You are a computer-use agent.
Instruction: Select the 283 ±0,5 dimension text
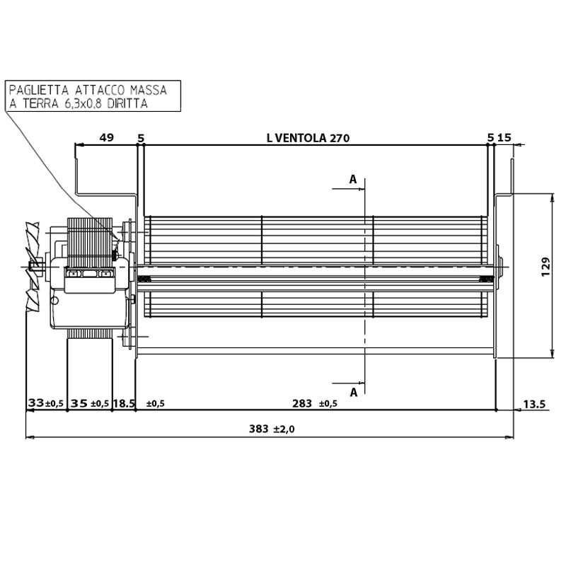tap(314, 404)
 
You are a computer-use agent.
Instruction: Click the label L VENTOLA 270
tap(308, 138)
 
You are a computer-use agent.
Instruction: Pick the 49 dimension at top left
tap(106, 138)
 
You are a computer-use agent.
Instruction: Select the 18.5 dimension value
tap(124, 404)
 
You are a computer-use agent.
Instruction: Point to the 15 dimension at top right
tap(504, 138)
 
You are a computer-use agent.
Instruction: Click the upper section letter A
tap(352, 180)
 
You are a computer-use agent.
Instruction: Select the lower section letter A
tap(352, 391)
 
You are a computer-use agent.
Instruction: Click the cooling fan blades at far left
tap(31, 267)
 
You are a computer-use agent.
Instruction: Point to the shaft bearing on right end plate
tap(500, 267)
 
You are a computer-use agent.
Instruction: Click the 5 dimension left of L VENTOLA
tap(141, 138)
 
